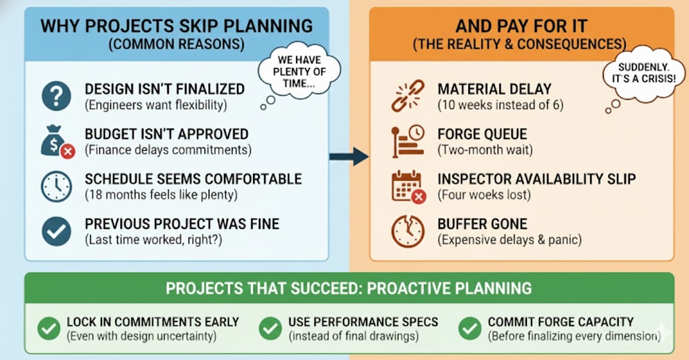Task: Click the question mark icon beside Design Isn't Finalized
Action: point(57,96)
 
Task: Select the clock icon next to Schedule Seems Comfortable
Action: point(57,187)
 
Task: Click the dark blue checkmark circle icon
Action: point(57,231)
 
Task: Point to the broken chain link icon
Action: point(408,96)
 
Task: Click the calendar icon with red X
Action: point(408,187)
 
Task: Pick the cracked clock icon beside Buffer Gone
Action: point(408,231)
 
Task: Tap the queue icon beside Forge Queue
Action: point(408,141)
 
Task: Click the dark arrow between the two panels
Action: point(349,157)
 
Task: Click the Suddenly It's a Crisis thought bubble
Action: point(643,75)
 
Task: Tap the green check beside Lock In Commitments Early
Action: point(48,329)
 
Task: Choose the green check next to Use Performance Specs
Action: point(270,329)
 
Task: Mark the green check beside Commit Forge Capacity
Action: point(470,329)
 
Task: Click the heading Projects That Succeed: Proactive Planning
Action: point(349,289)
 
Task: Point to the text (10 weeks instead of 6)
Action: point(501,106)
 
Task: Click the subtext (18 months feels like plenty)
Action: point(161,194)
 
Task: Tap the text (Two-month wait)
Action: point(485,150)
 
